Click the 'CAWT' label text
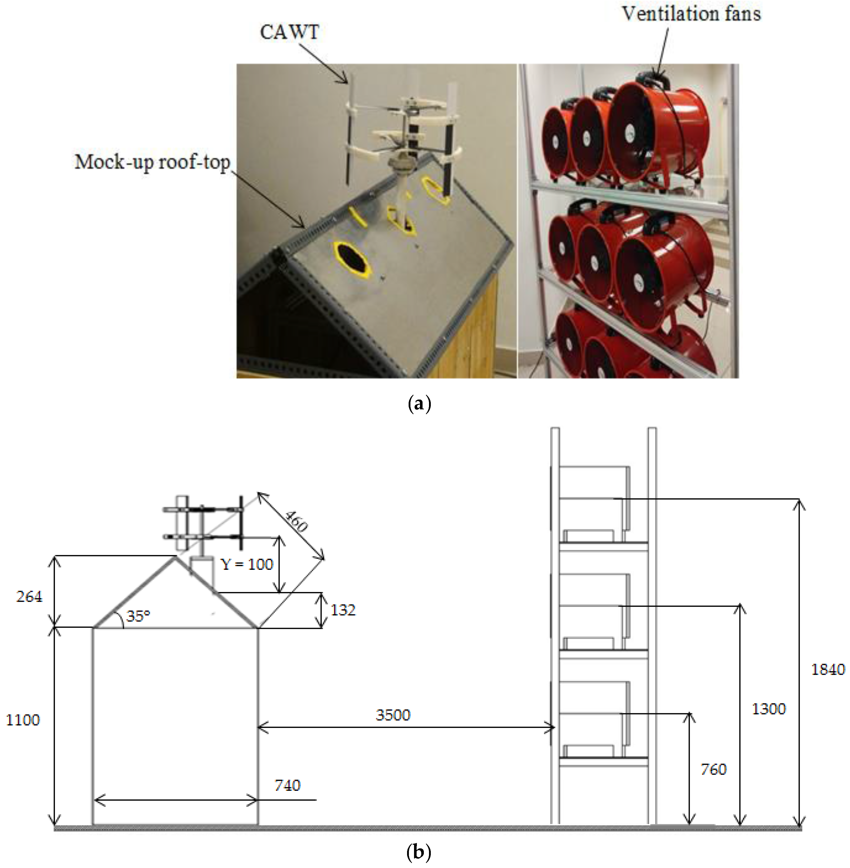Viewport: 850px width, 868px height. pos(289,33)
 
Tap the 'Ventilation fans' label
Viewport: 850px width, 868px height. pos(691,14)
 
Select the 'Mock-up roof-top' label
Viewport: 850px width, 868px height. pos(152,162)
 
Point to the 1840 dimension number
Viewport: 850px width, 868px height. pos(828,669)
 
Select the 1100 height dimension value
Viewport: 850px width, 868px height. pos(23,720)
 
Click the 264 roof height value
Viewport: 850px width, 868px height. pos(29,597)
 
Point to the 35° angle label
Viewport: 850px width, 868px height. pos(138,616)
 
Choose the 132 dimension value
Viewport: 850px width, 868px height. pos(343,610)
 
